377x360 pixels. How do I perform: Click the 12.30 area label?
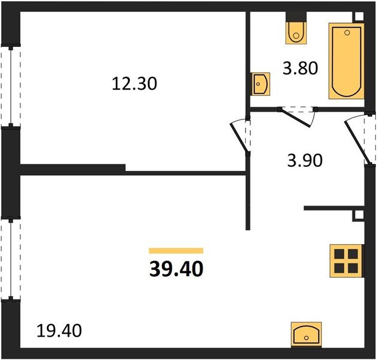pyautogui.click(x=134, y=84)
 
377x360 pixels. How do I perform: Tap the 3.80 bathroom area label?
pyautogui.click(x=300, y=68)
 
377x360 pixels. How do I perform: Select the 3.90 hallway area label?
pyautogui.click(x=304, y=161)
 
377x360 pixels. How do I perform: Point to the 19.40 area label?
pyautogui.click(x=59, y=331)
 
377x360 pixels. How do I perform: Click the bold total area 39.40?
pyautogui.click(x=176, y=269)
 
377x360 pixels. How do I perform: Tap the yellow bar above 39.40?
pyautogui.click(x=176, y=251)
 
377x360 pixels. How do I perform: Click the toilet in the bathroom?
pyautogui.click(x=296, y=33)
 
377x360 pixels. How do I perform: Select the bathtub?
pyautogui.click(x=346, y=61)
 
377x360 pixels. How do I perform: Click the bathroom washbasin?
pyautogui.click(x=260, y=84)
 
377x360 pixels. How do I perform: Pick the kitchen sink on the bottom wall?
pyautogui.click(x=306, y=335)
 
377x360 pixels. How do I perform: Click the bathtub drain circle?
pyautogui.click(x=347, y=33)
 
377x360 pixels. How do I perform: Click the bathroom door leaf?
pyautogui.click(x=295, y=118)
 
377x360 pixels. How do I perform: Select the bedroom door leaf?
pyautogui.click(x=239, y=137)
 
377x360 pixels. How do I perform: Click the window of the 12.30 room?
pyautogui.click(x=11, y=86)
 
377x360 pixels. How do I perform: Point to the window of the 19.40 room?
pyautogui.click(x=11, y=259)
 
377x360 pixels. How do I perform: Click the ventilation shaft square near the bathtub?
pyautogui.click(x=359, y=17)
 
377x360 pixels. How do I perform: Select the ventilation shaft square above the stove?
pyautogui.click(x=359, y=215)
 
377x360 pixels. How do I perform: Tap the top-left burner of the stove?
pyautogui.click(x=339, y=254)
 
